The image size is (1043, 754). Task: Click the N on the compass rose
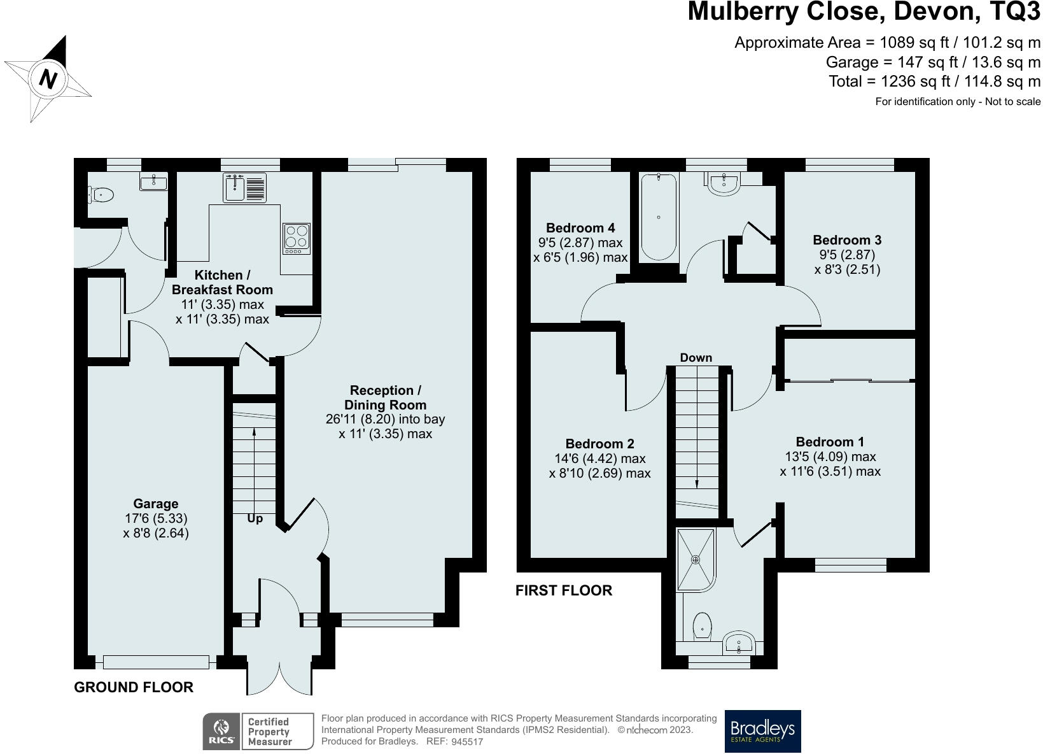tap(48, 78)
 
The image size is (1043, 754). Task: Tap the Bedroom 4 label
tap(580, 228)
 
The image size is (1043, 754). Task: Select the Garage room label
tap(155, 504)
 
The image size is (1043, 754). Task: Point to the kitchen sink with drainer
tap(244, 187)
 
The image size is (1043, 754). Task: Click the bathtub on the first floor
tap(659, 217)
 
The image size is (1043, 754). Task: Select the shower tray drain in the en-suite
tap(696, 560)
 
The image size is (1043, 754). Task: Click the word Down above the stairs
tap(696, 357)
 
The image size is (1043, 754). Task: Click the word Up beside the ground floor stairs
tap(255, 518)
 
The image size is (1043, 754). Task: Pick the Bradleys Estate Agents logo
tap(763, 731)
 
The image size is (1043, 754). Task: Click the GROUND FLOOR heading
tap(134, 687)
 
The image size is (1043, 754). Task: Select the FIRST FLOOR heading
tap(564, 590)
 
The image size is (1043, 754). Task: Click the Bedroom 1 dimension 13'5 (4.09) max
tap(830, 457)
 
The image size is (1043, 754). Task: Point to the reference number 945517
tap(467, 741)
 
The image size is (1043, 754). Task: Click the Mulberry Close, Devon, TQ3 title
tap(864, 11)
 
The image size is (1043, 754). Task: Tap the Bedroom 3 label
tap(847, 240)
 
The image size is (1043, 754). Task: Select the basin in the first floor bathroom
tap(724, 183)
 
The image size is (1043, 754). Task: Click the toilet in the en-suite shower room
tap(703, 626)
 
